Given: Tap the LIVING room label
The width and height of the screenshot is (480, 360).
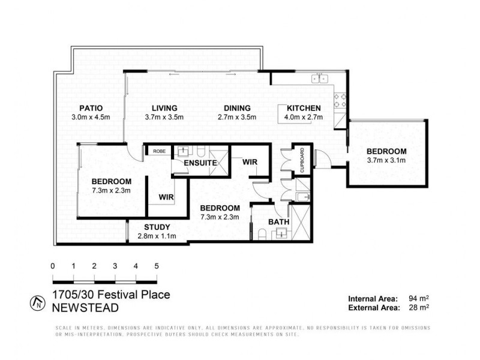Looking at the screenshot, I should click(x=164, y=108).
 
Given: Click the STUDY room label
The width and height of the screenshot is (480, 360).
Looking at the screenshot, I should click(x=157, y=227).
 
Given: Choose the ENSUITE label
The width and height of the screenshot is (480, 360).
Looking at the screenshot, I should click(x=200, y=163).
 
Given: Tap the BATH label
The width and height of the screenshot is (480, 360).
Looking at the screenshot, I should click(x=278, y=221).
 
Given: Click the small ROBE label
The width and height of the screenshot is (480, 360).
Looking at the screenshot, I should click(x=159, y=152).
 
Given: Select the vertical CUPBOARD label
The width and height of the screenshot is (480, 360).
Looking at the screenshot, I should click(x=302, y=160).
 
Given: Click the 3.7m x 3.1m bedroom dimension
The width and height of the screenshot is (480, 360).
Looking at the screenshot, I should click(x=386, y=160).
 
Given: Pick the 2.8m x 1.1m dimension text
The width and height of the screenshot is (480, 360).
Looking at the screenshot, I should click(x=157, y=236).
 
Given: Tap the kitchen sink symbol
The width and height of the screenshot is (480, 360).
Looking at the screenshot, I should click(x=319, y=79).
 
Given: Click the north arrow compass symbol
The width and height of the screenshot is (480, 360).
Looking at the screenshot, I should click(x=39, y=302).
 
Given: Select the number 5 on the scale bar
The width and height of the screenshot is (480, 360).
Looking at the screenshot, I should click(x=157, y=265).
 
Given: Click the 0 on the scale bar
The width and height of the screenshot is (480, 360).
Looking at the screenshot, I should click(x=53, y=265).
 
